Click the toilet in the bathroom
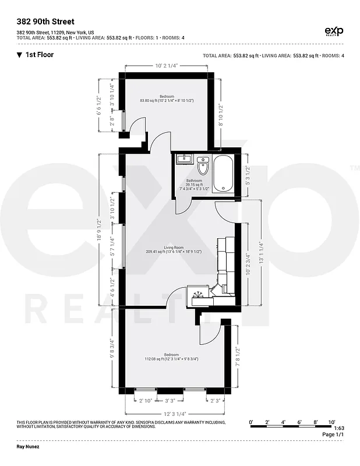(x=203, y=166)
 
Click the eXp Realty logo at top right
(x=333, y=31)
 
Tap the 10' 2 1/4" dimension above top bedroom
(x=167, y=65)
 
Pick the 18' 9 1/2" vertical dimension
(x=100, y=229)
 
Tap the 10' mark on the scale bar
(x=331, y=421)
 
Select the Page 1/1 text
(x=333, y=435)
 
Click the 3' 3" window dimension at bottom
(x=171, y=400)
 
